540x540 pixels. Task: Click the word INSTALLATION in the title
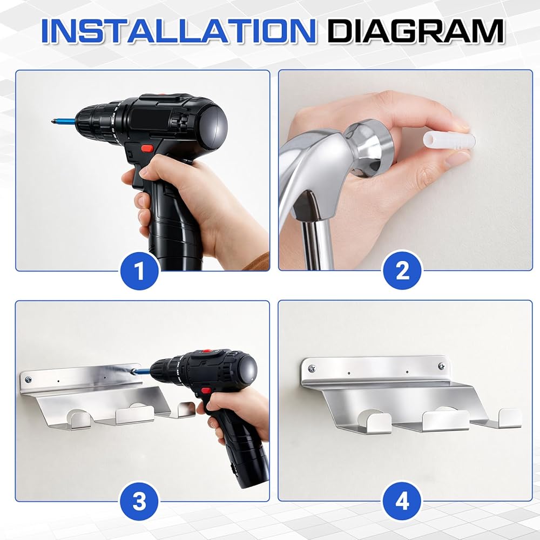(x=178, y=31)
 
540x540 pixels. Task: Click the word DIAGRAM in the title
(x=416, y=31)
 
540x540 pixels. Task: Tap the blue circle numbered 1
(x=139, y=271)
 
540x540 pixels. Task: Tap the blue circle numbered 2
(x=402, y=271)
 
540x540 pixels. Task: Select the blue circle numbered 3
(x=139, y=501)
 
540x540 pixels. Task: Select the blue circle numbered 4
(x=402, y=501)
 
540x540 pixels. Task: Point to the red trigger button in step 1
(x=147, y=148)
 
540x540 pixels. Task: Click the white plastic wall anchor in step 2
(x=449, y=140)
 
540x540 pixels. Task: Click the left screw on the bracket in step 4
(x=312, y=368)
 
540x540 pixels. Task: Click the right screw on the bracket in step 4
(x=441, y=366)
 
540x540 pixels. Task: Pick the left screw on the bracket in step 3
(x=28, y=380)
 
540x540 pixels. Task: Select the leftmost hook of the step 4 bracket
(x=374, y=422)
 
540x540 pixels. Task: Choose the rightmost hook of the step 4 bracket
(x=510, y=417)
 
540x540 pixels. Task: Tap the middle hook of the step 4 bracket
(x=446, y=420)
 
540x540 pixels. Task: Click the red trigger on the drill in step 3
(x=206, y=390)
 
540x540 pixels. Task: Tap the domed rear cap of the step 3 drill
(x=245, y=371)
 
